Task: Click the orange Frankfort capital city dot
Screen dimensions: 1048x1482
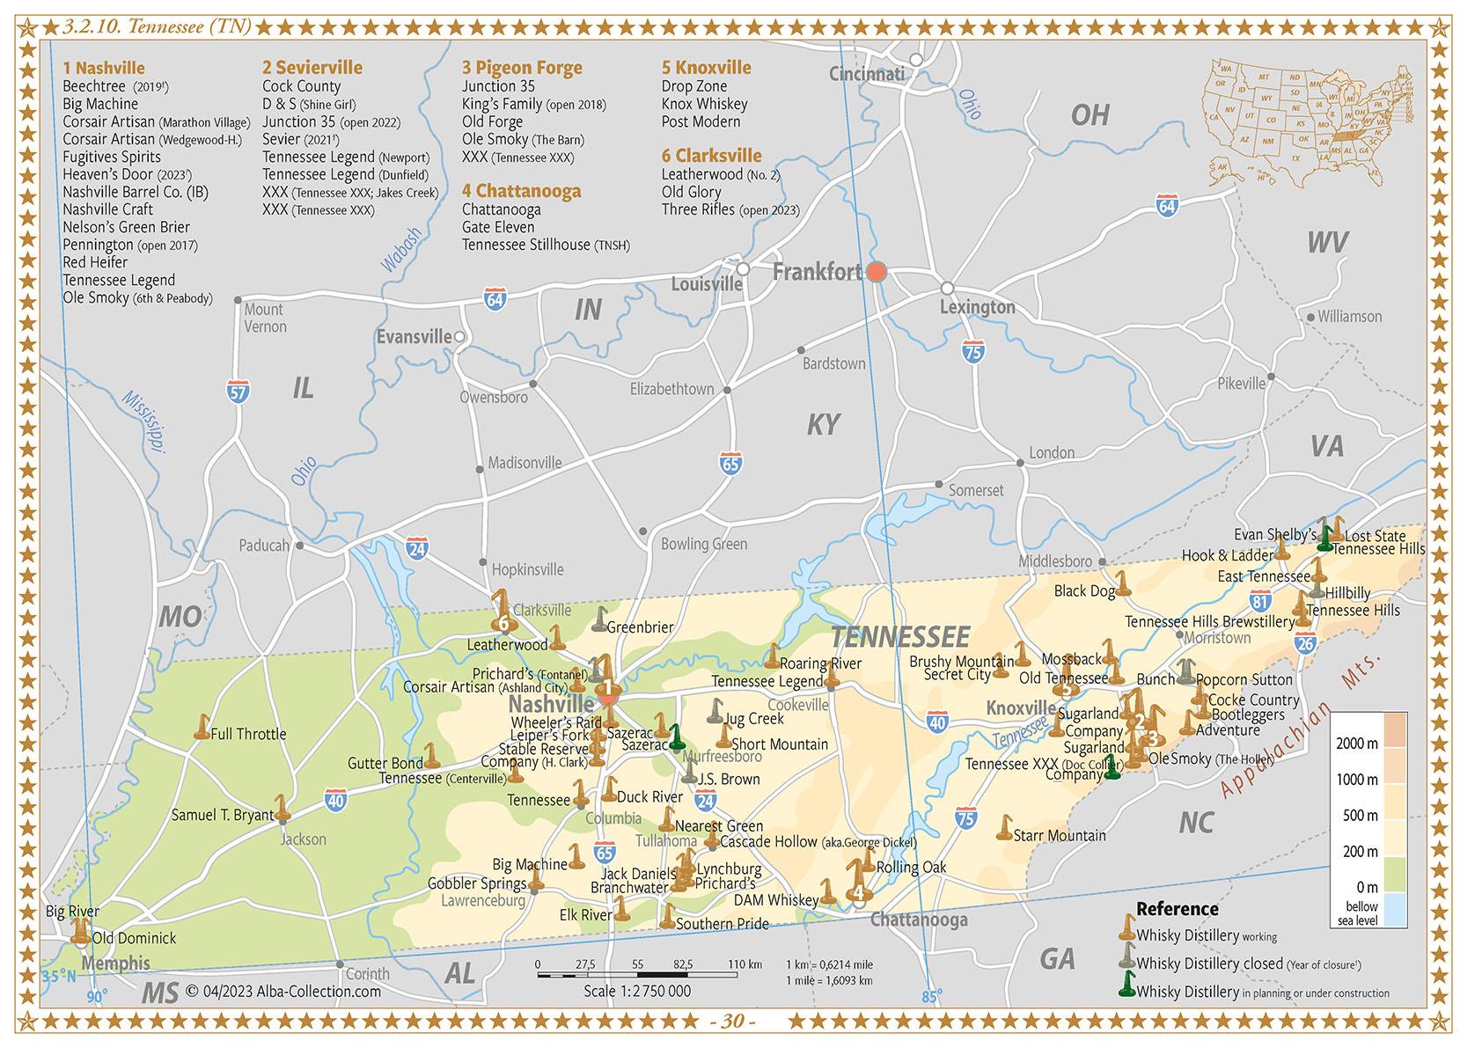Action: coord(876,271)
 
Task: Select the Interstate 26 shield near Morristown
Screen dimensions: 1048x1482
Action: coord(1305,644)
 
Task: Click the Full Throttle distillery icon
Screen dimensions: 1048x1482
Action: coord(202,728)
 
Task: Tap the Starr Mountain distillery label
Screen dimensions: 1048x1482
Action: coord(1060,835)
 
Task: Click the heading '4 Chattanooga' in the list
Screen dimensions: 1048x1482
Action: coord(521,191)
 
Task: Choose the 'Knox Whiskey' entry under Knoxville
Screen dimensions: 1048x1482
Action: coord(704,104)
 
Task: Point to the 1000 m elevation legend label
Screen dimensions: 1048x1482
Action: coord(1356,780)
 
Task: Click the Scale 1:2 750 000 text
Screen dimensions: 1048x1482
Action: coord(637,991)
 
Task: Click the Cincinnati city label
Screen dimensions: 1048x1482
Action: coord(866,74)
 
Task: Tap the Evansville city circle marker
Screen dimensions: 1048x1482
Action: coord(459,337)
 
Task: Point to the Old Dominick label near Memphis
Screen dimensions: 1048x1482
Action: coord(134,938)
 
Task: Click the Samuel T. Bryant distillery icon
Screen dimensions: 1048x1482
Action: coord(282,807)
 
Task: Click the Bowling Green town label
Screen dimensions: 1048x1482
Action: coord(703,544)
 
